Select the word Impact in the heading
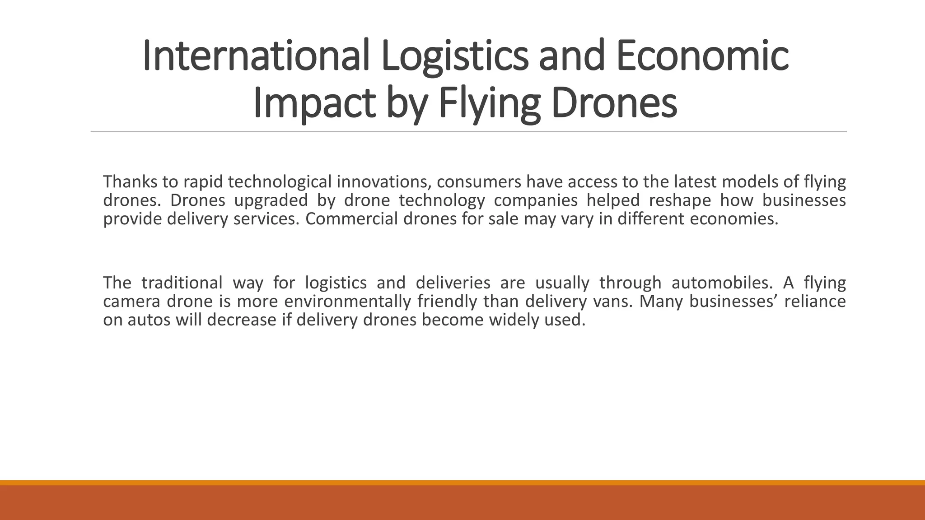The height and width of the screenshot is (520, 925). (314, 103)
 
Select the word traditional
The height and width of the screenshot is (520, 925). (182, 283)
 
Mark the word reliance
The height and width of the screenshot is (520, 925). (815, 302)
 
